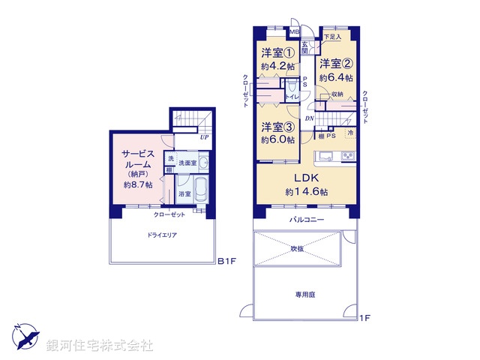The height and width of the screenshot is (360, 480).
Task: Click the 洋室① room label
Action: tap(277, 53)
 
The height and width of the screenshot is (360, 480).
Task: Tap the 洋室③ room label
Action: tap(277, 127)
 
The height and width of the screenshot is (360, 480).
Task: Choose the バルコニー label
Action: tap(307, 220)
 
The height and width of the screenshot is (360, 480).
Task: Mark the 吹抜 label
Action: tap(298, 247)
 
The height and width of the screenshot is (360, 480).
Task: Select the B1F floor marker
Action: tap(227, 262)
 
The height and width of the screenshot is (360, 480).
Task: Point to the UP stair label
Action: tap(203, 137)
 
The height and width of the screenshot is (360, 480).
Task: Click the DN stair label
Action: tap(309, 118)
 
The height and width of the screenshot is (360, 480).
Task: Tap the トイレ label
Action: tap(294, 97)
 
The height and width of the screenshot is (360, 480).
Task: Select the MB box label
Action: tap(295, 32)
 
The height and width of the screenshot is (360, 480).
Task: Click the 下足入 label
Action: tap(332, 37)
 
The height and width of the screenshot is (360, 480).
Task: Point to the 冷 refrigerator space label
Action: tap(349, 133)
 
